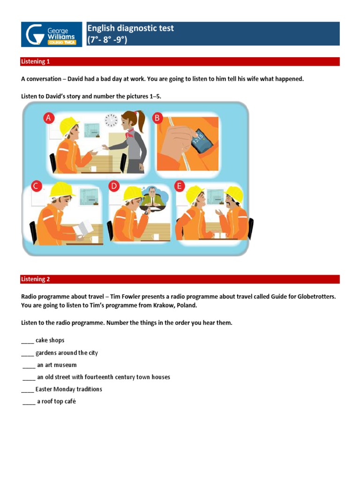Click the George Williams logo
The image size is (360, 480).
click(51, 34)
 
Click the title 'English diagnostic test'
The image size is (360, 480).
click(130, 28)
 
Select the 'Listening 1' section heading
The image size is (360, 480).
click(35, 61)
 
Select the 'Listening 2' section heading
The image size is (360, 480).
click(35, 279)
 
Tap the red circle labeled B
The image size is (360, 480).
click(158, 118)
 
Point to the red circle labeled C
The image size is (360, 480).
click(36, 186)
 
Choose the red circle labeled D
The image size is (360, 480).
click(114, 186)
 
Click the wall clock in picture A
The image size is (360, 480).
click(112, 120)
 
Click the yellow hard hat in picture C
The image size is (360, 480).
click(62, 189)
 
